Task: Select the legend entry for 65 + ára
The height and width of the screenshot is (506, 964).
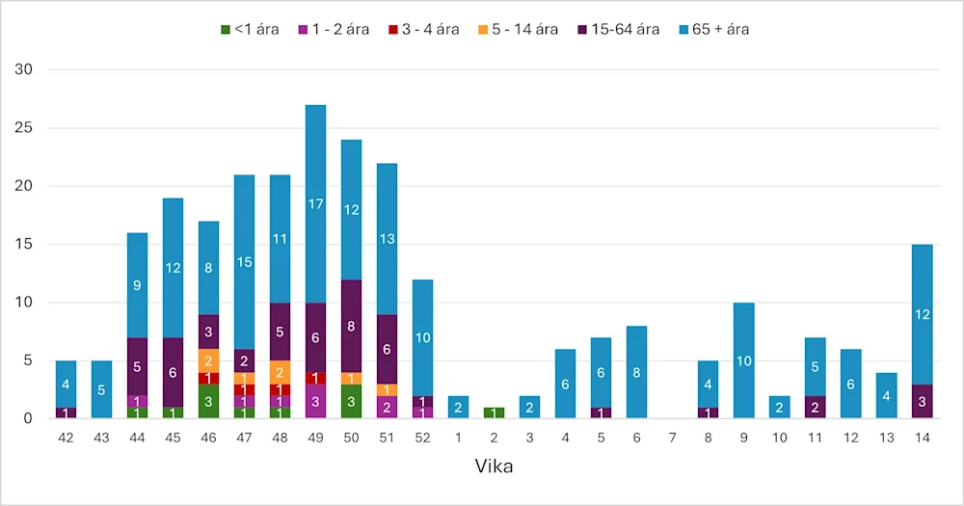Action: coord(715,29)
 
